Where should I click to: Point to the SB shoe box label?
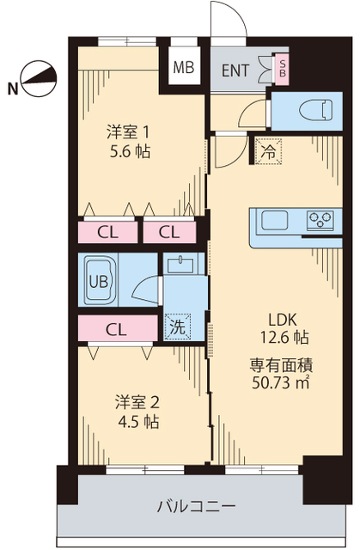(x=282, y=69)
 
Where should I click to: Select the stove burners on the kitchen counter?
(x=320, y=220)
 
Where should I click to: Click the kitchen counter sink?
(x=276, y=220)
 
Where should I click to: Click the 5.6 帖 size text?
(x=128, y=150)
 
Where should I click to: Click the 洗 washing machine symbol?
(x=177, y=327)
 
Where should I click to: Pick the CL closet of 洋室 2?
(x=113, y=328)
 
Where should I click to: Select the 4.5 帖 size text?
(x=137, y=422)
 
